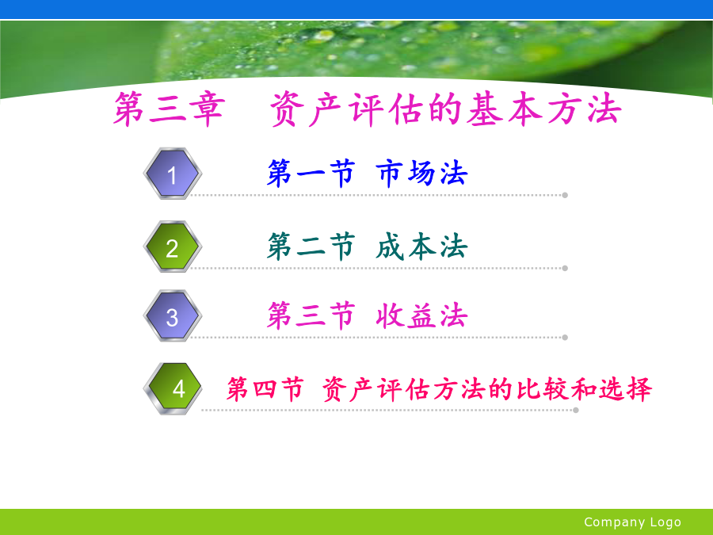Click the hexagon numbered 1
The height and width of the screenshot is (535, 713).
pyautogui.click(x=173, y=174)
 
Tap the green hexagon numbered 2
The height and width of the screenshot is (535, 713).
pyautogui.click(x=173, y=246)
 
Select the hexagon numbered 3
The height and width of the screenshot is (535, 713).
pyautogui.click(x=173, y=315)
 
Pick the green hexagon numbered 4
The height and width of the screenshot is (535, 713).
pyautogui.click(x=173, y=388)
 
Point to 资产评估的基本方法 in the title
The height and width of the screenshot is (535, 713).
pyautogui.click(x=445, y=109)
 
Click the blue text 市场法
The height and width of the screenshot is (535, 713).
pyautogui.click(x=422, y=174)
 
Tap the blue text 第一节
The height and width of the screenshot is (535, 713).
pyautogui.click(x=311, y=174)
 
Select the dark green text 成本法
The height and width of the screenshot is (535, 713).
pyautogui.click(x=422, y=246)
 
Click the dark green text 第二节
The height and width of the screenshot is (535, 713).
pyautogui.click(x=311, y=246)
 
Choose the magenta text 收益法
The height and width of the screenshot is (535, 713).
pyautogui.click(x=422, y=315)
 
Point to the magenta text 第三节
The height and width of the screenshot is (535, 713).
pyautogui.click(x=311, y=315)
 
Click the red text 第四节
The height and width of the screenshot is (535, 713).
pyautogui.click(x=265, y=389)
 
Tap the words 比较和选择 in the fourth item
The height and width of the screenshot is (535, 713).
pyautogui.click(x=584, y=389)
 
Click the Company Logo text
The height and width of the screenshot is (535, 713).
pyautogui.click(x=632, y=522)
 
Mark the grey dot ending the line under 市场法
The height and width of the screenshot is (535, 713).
pyautogui.click(x=565, y=195)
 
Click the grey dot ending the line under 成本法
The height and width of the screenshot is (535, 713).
pyautogui.click(x=565, y=268)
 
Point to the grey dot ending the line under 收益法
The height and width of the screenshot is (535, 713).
pyautogui.click(x=565, y=338)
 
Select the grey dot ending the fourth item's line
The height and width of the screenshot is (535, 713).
pyautogui.click(x=576, y=410)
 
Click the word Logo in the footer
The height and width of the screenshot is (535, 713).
pyautogui.click(x=665, y=522)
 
